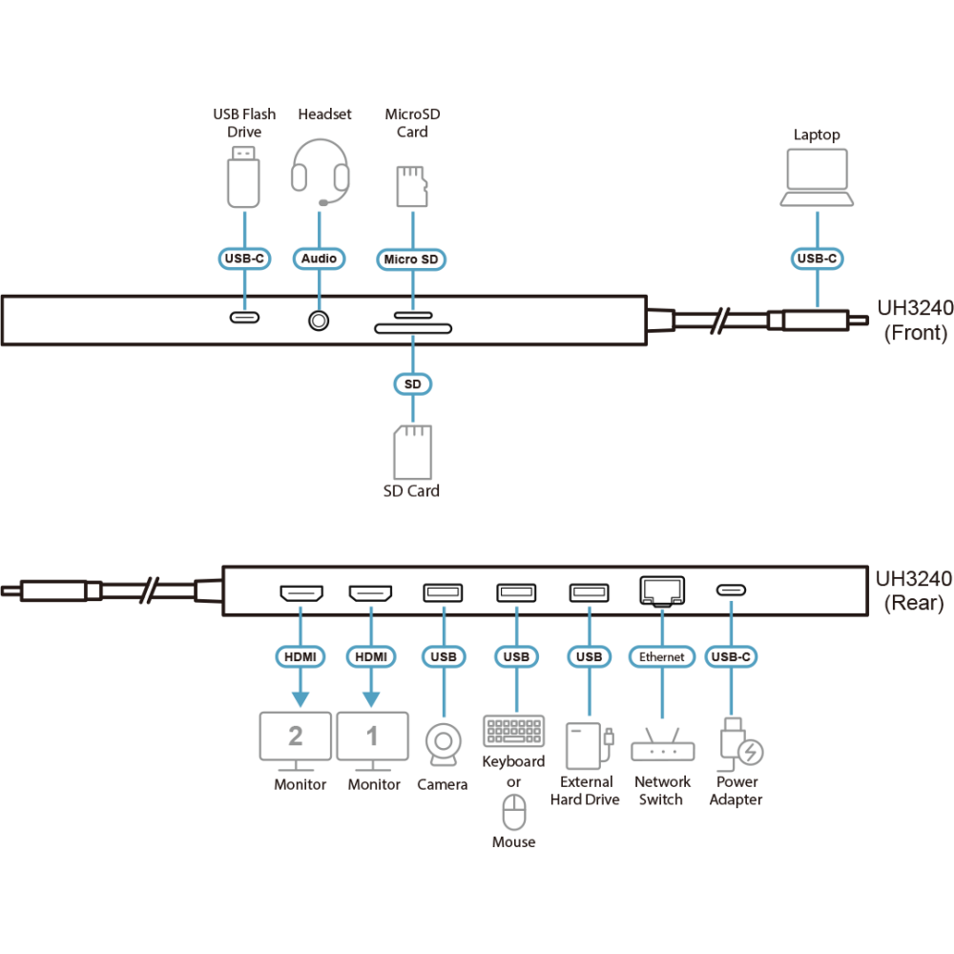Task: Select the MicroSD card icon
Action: click(411, 186)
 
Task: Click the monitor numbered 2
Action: click(296, 738)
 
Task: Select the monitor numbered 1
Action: click(371, 738)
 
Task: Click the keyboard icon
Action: click(513, 732)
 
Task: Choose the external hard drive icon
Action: click(586, 745)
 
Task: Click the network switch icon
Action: click(661, 742)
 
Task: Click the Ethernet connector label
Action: click(661, 656)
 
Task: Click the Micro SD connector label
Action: click(412, 259)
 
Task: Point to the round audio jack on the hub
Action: click(319, 320)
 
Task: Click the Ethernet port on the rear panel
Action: click(661, 591)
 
